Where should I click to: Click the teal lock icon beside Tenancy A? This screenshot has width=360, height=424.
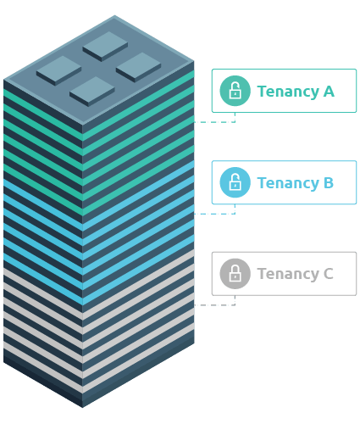(235, 91)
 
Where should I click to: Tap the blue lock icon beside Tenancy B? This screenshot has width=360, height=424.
(235, 182)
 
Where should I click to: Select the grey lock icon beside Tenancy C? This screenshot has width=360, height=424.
(235, 274)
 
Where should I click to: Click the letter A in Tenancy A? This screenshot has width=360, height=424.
(328, 92)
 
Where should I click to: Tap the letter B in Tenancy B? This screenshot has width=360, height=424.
(328, 183)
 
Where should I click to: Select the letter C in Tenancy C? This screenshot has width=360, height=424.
(328, 275)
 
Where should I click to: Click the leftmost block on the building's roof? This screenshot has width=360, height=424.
(58, 69)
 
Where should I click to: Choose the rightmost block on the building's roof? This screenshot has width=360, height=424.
(138, 64)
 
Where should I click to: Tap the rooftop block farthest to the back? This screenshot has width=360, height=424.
(105, 43)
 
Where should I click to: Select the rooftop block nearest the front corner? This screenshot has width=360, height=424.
(91, 89)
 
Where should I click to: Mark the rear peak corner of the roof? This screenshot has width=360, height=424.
(115, 15)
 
